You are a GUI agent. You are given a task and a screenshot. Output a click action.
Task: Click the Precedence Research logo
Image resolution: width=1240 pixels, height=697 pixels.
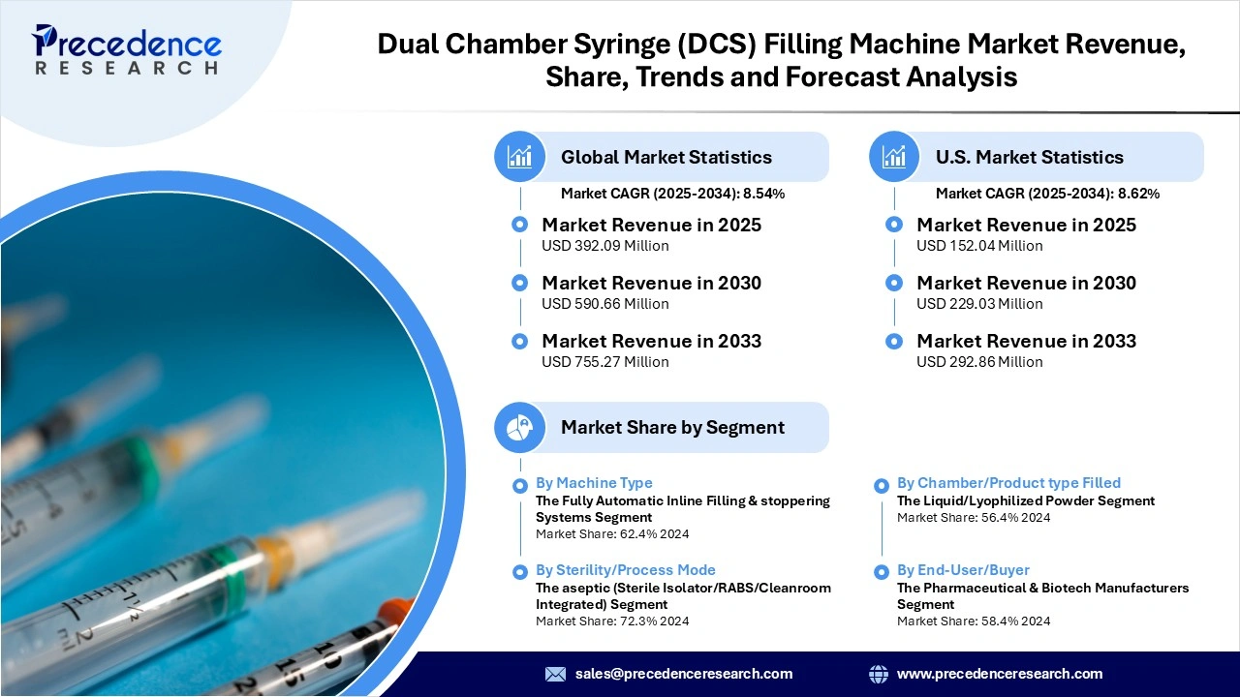(x=127, y=49)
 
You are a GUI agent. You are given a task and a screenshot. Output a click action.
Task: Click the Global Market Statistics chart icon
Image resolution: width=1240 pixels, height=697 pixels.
(x=520, y=157)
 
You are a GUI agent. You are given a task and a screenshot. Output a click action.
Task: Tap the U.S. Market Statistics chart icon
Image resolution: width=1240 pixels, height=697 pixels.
(x=894, y=157)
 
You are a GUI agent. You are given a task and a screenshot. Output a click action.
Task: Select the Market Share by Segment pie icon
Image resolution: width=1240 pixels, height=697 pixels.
(x=520, y=427)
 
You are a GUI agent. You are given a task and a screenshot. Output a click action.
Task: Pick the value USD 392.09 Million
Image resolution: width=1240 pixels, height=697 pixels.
(x=605, y=246)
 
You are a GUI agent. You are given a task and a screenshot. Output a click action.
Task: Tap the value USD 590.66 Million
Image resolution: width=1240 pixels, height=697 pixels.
(x=605, y=304)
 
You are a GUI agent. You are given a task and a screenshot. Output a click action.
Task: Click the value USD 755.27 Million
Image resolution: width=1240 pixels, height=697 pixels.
(x=605, y=362)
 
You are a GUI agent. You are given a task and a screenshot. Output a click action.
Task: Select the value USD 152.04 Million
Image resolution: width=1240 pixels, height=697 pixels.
(x=979, y=246)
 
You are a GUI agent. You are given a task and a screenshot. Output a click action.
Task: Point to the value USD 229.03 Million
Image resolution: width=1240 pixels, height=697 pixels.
(x=979, y=304)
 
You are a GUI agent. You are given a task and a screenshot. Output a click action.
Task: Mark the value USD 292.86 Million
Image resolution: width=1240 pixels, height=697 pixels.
(x=979, y=362)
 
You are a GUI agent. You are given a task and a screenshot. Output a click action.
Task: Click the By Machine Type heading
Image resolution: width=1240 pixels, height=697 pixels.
(x=594, y=483)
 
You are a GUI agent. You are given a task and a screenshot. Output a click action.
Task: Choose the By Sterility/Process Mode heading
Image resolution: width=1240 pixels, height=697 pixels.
(x=626, y=570)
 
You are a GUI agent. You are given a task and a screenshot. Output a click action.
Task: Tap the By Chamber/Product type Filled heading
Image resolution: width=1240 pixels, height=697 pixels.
(x=1008, y=483)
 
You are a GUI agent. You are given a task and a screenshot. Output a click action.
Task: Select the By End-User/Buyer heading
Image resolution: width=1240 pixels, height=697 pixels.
(x=963, y=570)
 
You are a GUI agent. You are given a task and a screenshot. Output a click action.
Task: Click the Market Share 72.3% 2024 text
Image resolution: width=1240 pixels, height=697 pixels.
(x=612, y=621)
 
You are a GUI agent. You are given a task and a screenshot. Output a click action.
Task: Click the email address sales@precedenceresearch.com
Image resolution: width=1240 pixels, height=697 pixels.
(x=684, y=674)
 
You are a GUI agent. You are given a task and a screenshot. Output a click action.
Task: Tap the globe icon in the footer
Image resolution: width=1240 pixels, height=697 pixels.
(x=879, y=674)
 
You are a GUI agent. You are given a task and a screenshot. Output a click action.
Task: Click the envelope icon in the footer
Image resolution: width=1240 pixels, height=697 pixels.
(x=555, y=674)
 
